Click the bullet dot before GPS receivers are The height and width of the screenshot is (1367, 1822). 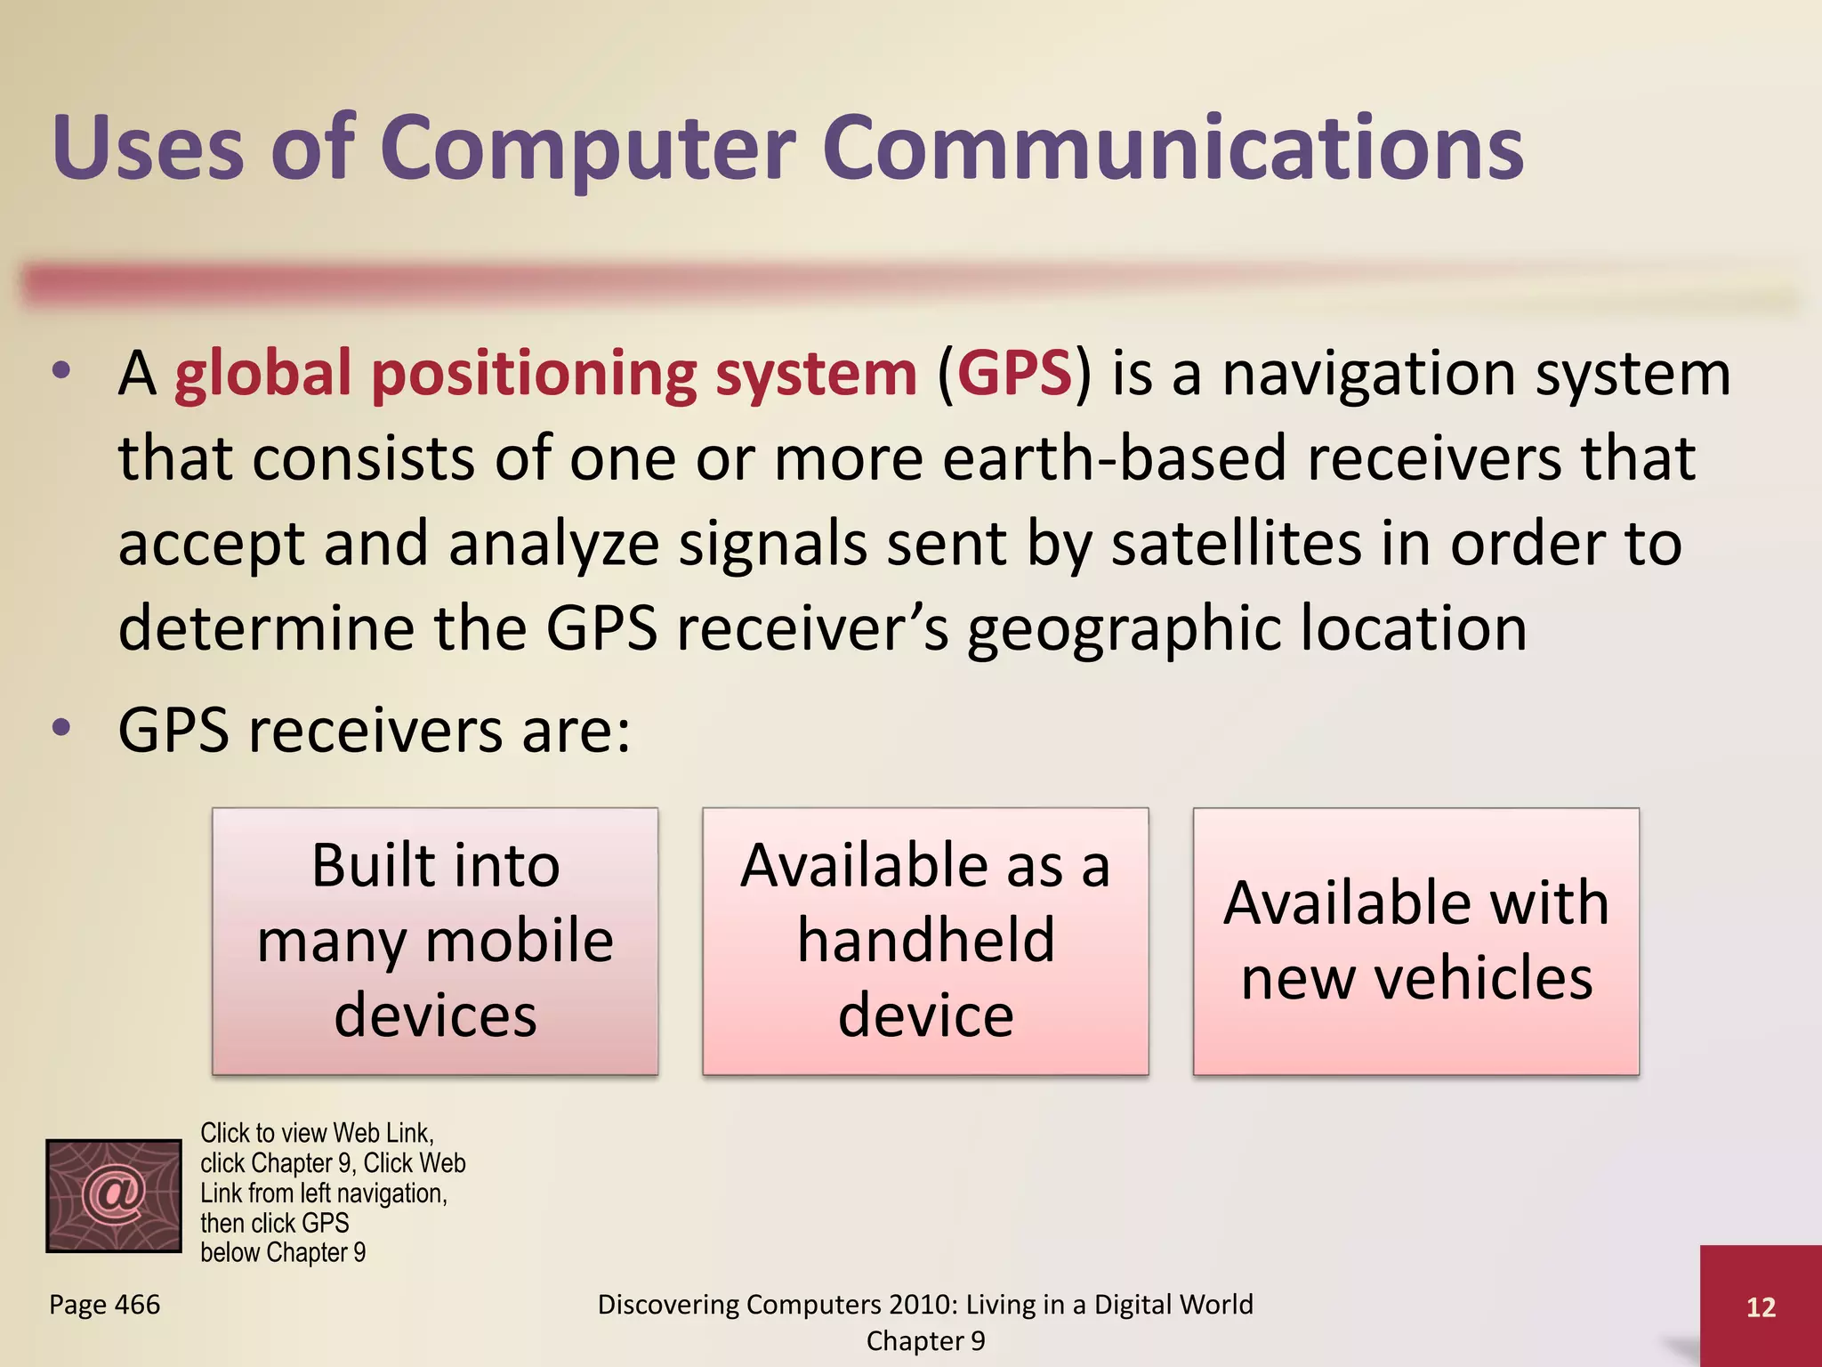point(61,728)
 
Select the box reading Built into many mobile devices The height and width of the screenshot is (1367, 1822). point(435,941)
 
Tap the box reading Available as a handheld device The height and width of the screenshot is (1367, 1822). point(925,941)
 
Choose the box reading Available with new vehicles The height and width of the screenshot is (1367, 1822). point(1415,941)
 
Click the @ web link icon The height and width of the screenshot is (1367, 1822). point(114,1195)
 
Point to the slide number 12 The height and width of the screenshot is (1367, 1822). point(1761,1306)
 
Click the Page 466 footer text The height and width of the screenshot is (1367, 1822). point(104,1305)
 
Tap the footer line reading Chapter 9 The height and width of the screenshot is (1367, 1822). point(925,1340)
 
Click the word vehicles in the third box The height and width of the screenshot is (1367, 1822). point(1483,978)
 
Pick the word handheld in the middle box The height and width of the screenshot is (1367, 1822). point(925,940)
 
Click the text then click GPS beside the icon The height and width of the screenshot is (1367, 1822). point(274,1223)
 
